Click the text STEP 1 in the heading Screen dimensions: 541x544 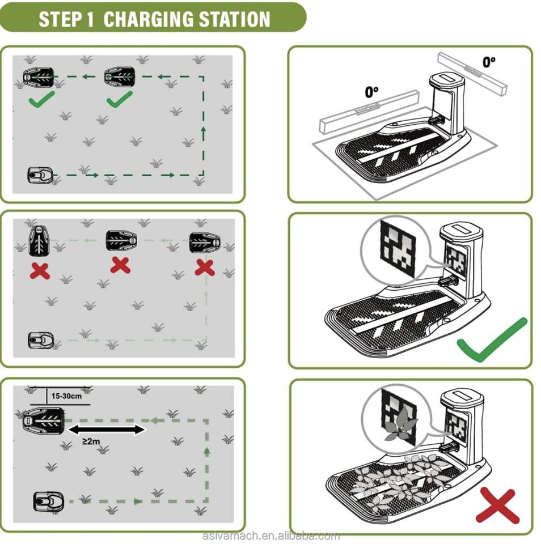tap(66, 19)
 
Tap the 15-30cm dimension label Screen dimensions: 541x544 tap(66, 396)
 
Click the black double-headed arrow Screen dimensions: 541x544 tap(106, 430)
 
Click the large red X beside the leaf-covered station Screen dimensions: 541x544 tap(497, 505)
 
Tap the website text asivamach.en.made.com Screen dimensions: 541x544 tap(271, 535)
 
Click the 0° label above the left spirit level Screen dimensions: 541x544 tap(372, 92)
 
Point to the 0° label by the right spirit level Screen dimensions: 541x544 tap(489, 61)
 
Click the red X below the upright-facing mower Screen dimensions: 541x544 tap(40, 271)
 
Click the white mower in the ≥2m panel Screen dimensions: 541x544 tap(47, 501)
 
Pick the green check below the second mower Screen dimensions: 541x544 tap(119, 99)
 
